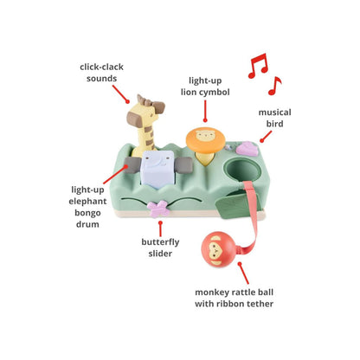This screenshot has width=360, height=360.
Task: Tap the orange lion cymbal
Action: click(205, 140)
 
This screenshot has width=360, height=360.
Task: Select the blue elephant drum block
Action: click(157, 170)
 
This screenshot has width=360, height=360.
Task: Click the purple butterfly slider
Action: click(157, 209)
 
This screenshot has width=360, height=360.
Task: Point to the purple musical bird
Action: click(247, 149)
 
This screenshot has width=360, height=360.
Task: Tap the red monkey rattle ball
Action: click(219, 249)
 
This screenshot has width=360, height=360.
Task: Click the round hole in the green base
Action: click(242, 170)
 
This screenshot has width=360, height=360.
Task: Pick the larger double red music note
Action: click(258, 66)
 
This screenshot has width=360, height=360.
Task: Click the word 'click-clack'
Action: click(101, 67)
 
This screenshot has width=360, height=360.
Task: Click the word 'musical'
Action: click(274, 112)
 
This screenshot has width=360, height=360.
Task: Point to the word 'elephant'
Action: click(87, 202)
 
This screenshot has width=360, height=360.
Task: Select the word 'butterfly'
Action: click(160, 242)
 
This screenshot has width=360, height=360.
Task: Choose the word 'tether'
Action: click(260, 304)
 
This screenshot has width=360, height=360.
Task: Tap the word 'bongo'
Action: click(87, 213)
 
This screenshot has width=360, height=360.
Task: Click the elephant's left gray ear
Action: click(132, 165)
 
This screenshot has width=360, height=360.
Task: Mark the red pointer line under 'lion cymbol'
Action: click(205, 111)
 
